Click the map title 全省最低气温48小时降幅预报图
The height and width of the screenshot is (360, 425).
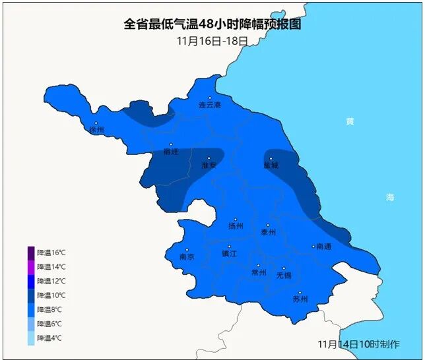[x=212, y=24]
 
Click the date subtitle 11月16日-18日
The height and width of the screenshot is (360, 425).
[x=212, y=40]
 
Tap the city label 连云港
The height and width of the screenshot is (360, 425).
[x=210, y=105]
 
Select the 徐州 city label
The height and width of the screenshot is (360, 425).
[x=97, y=130]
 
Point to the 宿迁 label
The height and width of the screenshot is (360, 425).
[x=171, y=152]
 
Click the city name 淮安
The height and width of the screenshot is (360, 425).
[x=209, y=165]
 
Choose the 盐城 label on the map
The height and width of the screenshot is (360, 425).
[x=271, y=165]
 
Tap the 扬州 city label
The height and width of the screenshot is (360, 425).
[x=236, y=226]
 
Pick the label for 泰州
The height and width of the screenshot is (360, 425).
[x=268, y=232]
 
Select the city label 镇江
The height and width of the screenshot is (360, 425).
[x=229, y=253]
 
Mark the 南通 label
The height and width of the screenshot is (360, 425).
[x=323, y=247]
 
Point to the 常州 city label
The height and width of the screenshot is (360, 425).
[x=259, y=272]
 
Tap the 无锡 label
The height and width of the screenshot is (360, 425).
[x=284, y=275]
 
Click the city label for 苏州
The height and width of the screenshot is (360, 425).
[x=300, y=299]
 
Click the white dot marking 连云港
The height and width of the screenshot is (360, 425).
[x=210, y=98]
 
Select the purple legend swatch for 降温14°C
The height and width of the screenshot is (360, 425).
[x=31, y=267]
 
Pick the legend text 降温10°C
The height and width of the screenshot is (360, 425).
[x=51, y=295]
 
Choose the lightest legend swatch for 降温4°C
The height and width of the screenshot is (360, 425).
[x=31, y=338]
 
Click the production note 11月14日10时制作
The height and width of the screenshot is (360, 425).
[x=358, y=344]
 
